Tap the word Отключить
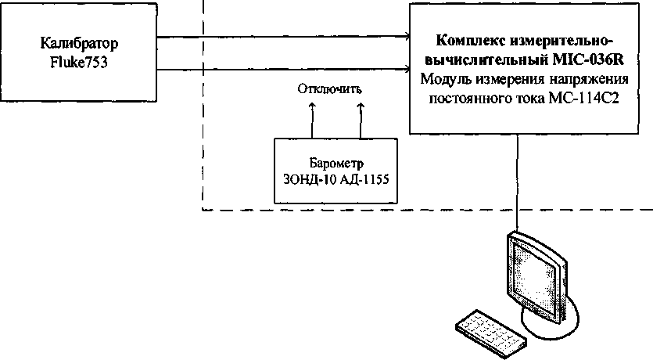(330, 88)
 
